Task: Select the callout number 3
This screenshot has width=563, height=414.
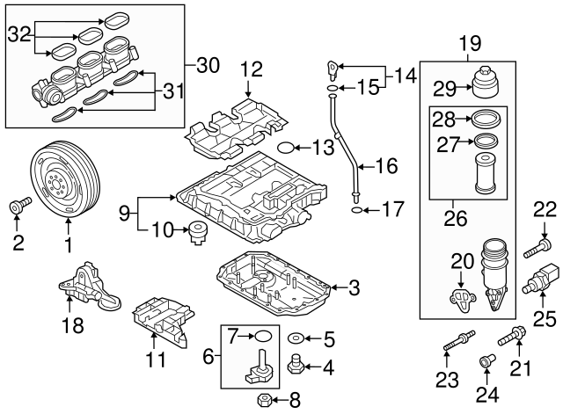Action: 353,287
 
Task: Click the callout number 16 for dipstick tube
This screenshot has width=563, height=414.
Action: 387,164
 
